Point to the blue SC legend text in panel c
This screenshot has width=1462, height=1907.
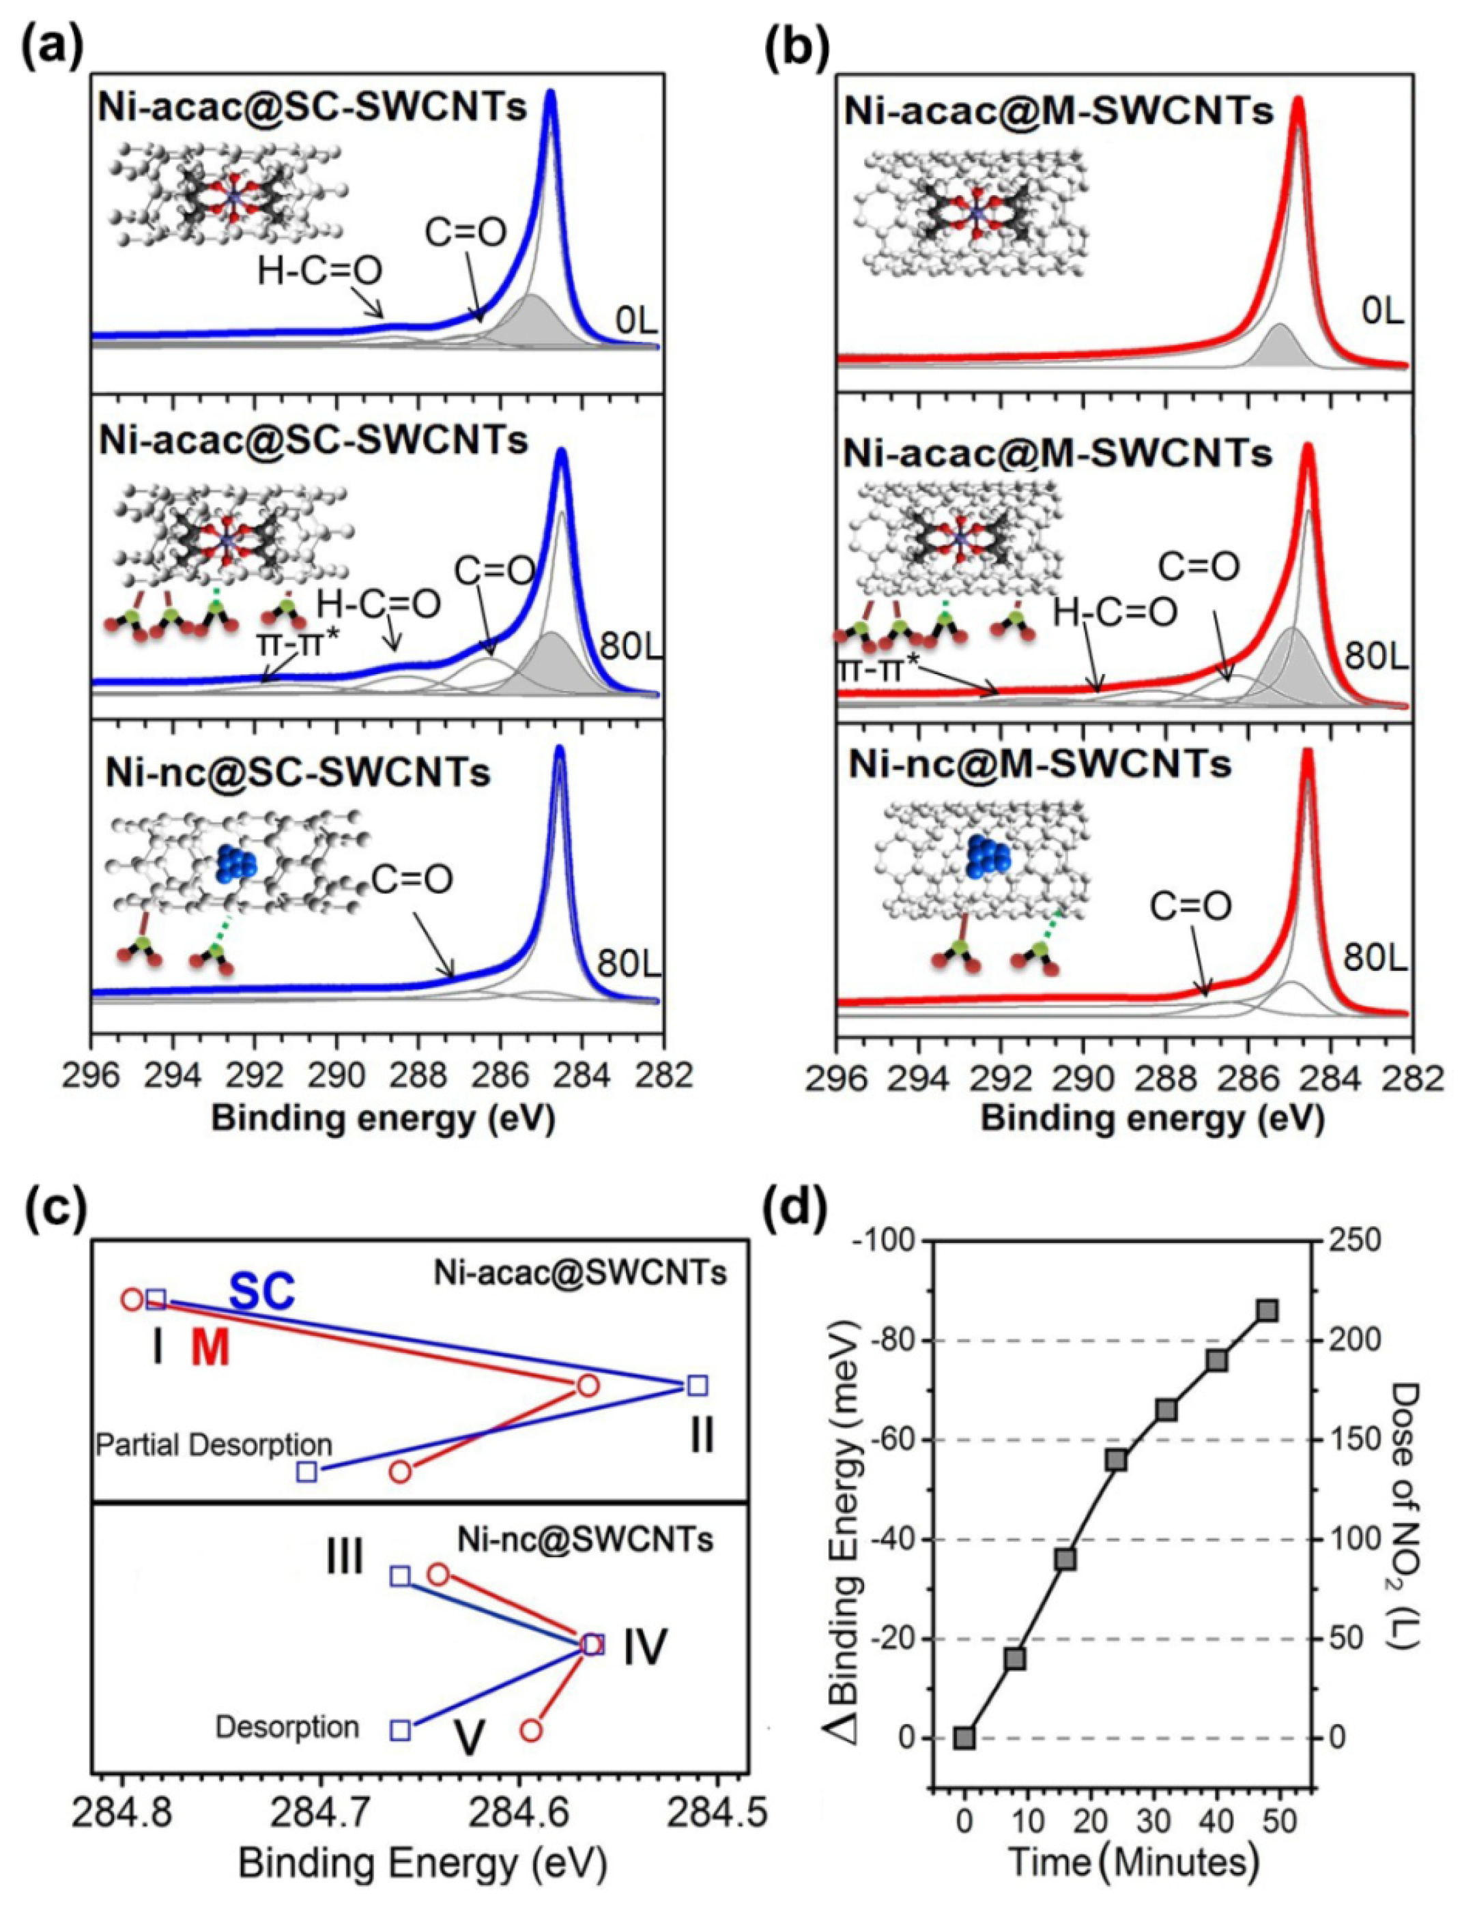click(x=263, y=1291)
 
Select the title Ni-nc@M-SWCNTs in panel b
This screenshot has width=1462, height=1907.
click(x=1040, y=764)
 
